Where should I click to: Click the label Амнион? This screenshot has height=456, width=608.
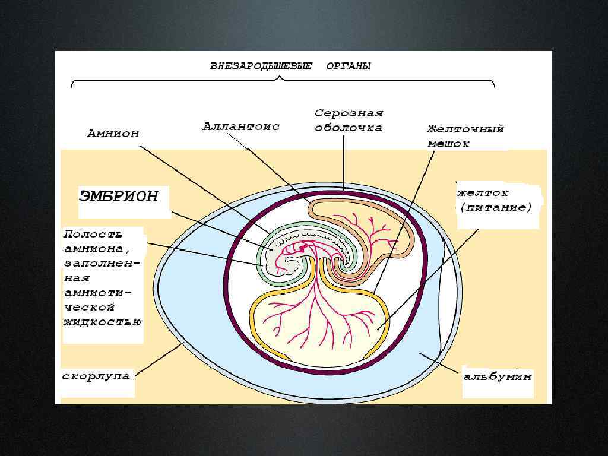[113, 134]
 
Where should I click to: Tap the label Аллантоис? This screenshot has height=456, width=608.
[240, 126]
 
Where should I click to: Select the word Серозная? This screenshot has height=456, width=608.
[349, 113]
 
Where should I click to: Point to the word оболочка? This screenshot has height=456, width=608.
[349, 127]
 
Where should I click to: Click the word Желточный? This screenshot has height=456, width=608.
[465, 128]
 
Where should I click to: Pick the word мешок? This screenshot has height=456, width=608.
[449, 144]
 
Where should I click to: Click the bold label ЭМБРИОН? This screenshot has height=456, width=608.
[118, 197]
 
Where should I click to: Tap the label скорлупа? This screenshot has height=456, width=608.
[96, 376]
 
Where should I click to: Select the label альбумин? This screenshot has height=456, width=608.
[498, 376]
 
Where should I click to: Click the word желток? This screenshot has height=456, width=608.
[483, 193]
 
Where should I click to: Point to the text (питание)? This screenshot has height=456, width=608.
[496, 207]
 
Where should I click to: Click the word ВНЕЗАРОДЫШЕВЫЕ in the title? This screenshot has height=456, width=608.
[261, 66]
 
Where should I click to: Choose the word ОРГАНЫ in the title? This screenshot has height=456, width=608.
[349, 66]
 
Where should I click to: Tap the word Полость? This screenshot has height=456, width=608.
[93, 234]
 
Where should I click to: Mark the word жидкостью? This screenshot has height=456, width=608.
[102, 322]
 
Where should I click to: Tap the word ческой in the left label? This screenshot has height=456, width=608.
[88, 308]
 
